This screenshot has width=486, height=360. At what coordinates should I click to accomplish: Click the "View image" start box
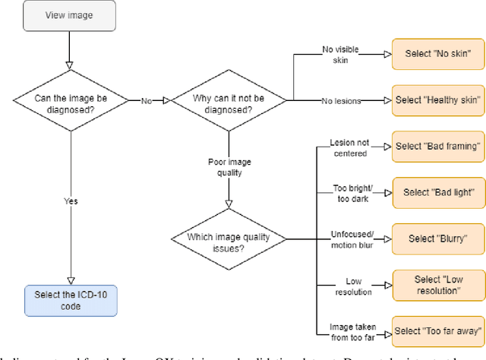tap(70, 16)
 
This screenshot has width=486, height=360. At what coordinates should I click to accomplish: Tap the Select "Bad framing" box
tap(437, 146)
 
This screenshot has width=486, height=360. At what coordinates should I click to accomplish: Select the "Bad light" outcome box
tap(437, 192)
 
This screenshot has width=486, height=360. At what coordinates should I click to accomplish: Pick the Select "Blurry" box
tap(437, 238)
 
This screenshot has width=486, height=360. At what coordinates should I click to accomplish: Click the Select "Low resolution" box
tap(437, 285)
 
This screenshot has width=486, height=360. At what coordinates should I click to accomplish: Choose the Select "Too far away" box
tap(437, 331)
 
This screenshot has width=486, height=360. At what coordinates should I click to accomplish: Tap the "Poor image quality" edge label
tap(227, 166)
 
